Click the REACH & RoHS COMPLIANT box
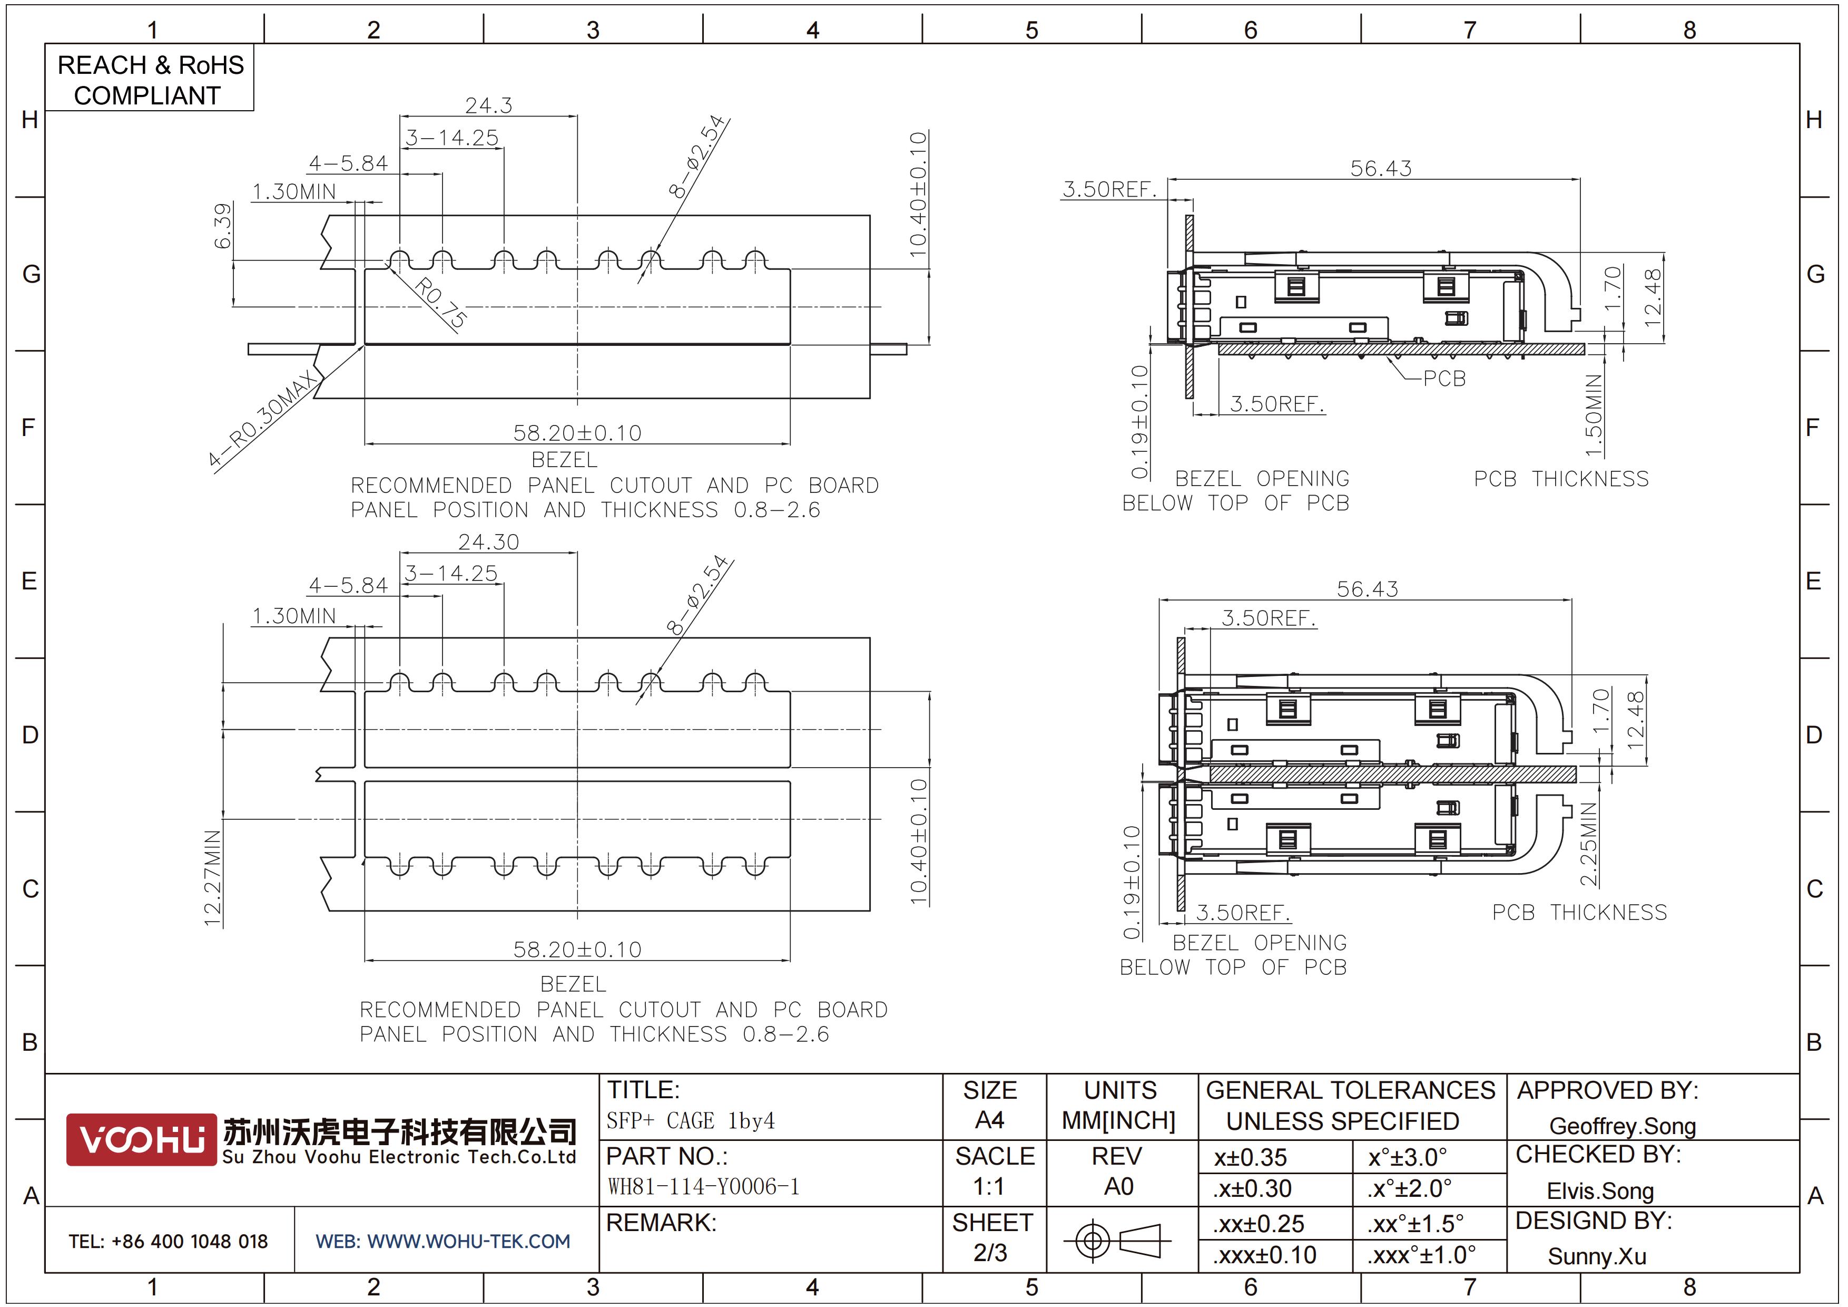point(150,78)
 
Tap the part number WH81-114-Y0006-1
point(703,1186)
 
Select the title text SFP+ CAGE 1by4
point(691,1120)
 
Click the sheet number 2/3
point(990,1252)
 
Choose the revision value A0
point(1119,1186)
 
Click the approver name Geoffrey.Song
point(1623,1126)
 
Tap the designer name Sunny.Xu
point(1597,1256)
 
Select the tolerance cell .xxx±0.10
point(1264,1255)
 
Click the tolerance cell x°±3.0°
point(1408,1157)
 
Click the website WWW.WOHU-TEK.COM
point(468,1242)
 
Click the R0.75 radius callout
point(440,303)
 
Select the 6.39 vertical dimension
point(223,226)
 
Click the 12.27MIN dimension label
point(212,878)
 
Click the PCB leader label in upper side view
point(1444,379)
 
